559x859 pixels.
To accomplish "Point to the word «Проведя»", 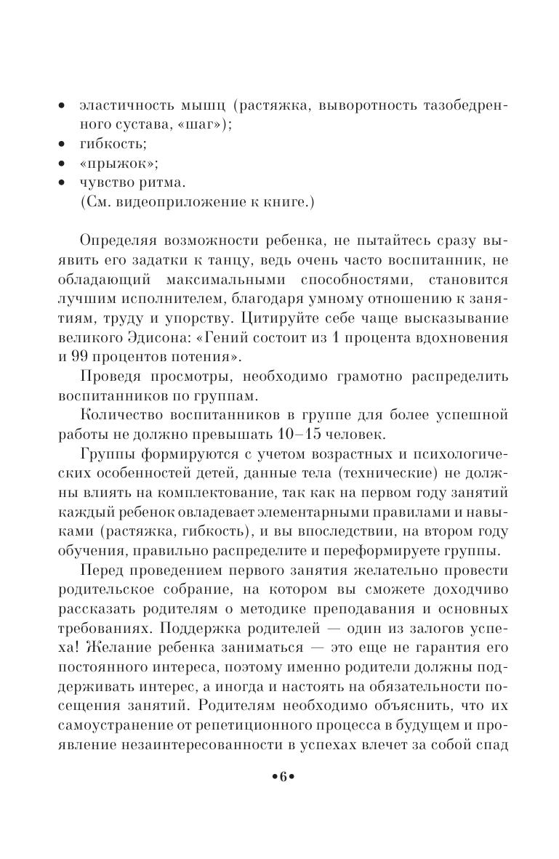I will [111, 377].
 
